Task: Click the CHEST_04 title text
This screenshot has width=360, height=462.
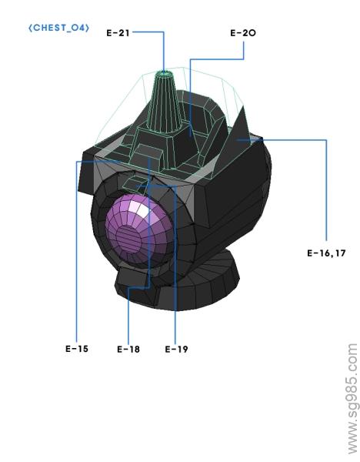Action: (x=58, y=28)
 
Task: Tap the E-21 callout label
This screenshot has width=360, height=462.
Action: (x=118, y=33)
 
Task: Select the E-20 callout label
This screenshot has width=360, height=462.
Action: (x=242, y=34)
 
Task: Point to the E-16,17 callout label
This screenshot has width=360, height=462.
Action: (x=325, y=252)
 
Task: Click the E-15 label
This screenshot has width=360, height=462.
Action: (x=76, y=348)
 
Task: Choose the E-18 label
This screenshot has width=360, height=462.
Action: (x=128, y=348)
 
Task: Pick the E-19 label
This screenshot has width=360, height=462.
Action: (x=176, y=348)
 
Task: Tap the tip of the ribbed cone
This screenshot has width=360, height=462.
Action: (x=163, y=75)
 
